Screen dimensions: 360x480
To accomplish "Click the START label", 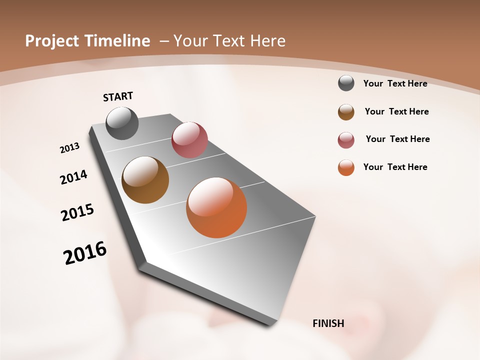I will (118, 96).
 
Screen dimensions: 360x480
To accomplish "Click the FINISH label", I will (328, 323).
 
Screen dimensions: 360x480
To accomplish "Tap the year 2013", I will (69, 148).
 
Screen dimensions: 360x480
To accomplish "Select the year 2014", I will (73, 177).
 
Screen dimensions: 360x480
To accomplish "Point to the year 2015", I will (77, 212).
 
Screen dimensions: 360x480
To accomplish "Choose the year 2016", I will (85, 253).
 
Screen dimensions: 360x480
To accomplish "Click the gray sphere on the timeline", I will (122, 123).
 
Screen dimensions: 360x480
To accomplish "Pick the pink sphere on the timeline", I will (189, 140).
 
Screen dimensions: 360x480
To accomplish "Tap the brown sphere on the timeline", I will (145, 180).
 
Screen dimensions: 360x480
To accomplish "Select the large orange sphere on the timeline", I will (216, 207).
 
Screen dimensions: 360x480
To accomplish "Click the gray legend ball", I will (346, 83).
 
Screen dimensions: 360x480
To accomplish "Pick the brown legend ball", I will (346, 111).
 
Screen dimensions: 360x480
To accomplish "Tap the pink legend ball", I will (346, 140).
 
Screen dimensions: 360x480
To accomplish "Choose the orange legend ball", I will (346, 167).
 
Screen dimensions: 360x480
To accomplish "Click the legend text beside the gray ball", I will (395, 83).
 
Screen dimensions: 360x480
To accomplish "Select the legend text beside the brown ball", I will (396, 111).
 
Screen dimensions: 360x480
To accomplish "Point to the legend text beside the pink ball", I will (397, 139).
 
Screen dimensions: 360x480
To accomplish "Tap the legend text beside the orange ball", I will (395, 167).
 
